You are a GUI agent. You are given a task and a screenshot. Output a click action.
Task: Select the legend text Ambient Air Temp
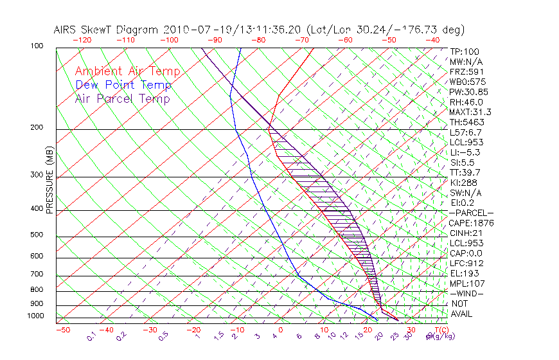127,71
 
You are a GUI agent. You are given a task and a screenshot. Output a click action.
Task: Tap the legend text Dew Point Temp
123,85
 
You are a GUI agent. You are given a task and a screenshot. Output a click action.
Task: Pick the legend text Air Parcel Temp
122,98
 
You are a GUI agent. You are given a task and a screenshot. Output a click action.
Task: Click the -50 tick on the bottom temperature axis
62,330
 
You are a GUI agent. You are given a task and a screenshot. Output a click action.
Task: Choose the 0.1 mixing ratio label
91,336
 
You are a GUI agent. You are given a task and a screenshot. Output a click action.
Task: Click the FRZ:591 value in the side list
465,71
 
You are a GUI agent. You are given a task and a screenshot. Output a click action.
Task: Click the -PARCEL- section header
471,213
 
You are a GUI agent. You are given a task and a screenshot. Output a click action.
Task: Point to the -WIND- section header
467,293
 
